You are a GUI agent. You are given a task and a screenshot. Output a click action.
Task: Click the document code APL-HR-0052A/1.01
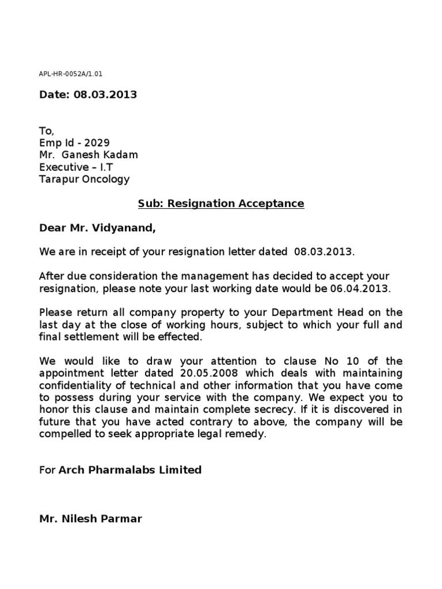[x=71, y=74]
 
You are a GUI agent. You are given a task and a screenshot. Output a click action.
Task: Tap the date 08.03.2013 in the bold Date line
[x=105, y=94]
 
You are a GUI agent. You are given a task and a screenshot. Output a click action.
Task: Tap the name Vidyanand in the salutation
[x=128, y=228]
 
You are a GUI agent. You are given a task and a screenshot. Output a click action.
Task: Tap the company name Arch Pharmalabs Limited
[x=129, y=470]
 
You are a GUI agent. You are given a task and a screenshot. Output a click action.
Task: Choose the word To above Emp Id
[x=45, y=131]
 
